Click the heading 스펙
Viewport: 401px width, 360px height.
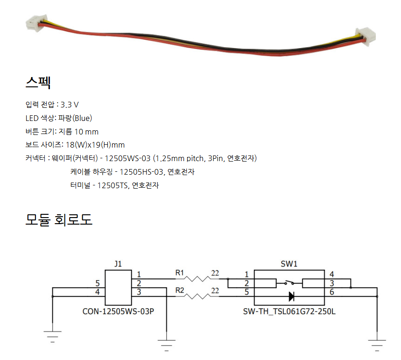coord(38,83)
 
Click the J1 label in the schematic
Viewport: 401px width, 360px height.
coord(118,264)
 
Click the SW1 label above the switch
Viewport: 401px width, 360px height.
coord(289,264)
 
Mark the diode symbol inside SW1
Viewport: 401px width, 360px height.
coord(291,296)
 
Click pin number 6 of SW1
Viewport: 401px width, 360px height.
coord(331,292)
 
